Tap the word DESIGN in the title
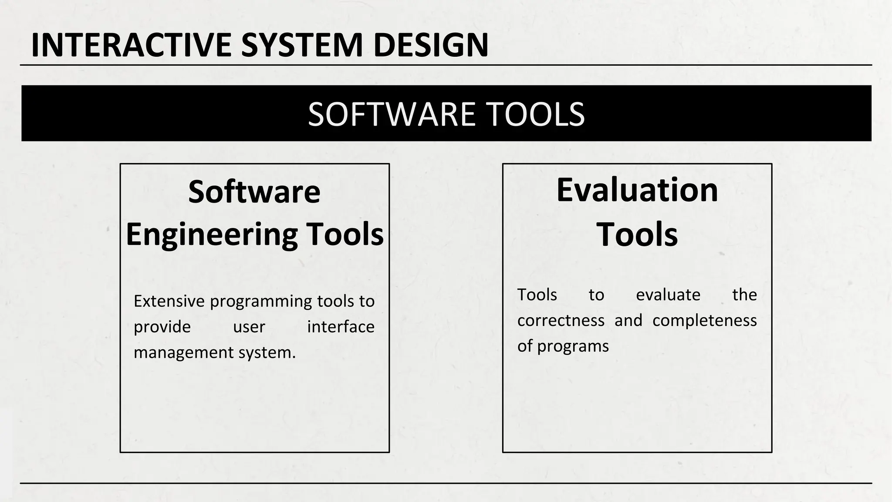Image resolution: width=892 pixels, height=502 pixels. (431, 45)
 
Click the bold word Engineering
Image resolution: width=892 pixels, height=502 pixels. (212, 234)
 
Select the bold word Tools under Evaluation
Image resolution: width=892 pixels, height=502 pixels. (637, 234)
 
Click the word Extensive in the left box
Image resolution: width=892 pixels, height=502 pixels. (169, 301)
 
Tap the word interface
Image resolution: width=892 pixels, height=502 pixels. (341, 327)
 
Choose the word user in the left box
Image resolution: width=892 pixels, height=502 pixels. (249, 327)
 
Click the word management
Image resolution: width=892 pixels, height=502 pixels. (184, 353)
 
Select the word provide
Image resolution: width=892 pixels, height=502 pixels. (162, 327)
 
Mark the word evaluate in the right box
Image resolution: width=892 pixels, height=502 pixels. (668, 295)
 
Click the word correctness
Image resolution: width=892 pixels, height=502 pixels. (561, 321)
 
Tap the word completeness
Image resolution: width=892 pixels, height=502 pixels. (704, 321)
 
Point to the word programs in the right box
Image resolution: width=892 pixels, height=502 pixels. (573, 346)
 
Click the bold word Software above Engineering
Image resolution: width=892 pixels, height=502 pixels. (254, 192)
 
